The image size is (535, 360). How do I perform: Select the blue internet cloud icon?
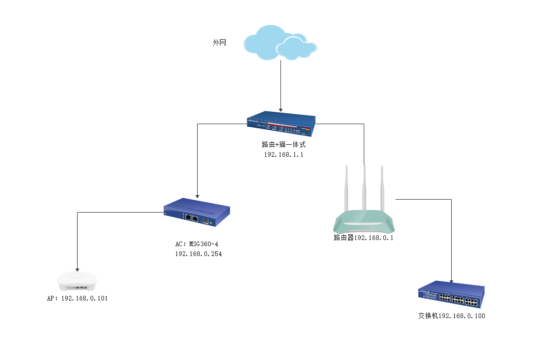pos(280,42)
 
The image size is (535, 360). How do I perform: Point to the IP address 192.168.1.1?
pos(284,155)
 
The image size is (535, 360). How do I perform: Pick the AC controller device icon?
pos(197,213)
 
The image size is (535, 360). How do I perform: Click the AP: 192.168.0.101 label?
pos(78,299)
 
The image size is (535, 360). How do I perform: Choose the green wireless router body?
pos(364,223)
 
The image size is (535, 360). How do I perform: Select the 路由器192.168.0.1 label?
pos(364,238)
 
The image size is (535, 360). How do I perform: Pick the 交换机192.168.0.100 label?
pos(452,316)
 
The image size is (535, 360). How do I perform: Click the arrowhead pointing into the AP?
pos(78,268)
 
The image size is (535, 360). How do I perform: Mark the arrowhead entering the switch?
pos(452,281)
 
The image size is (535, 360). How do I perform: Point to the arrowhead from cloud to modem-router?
pos(280,109)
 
